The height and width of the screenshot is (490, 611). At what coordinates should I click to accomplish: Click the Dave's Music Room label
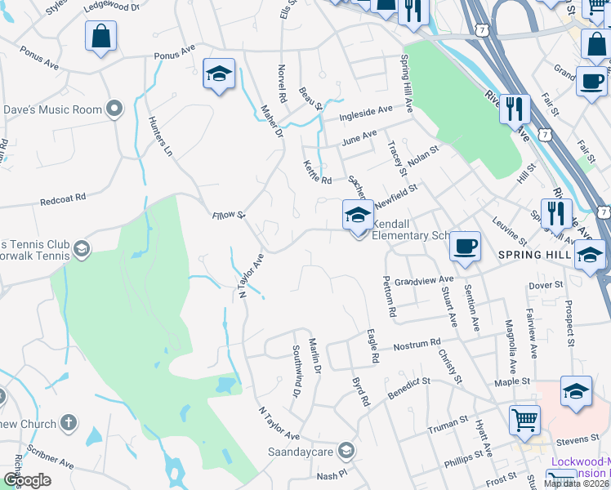(x=52, y=109)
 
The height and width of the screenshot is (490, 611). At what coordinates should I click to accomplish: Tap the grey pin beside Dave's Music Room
(x=114, y=109)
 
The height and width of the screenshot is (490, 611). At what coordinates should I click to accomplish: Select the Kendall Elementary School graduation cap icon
(x=357, y=216)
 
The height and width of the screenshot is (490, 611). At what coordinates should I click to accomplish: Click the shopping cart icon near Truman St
(x=524, y=420)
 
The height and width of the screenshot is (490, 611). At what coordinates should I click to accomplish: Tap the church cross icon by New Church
(x=69, y=424)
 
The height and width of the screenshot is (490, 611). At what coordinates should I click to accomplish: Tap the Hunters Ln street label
(x=161, y=136)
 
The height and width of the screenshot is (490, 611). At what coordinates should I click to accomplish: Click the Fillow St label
(x=229, y=215)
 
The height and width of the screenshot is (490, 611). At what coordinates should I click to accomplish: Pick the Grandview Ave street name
(x=422, y=280)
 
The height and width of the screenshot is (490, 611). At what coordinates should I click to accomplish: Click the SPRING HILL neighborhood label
(x=533, y=255)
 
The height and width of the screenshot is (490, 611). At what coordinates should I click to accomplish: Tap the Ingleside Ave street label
(x=368, y=108)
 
